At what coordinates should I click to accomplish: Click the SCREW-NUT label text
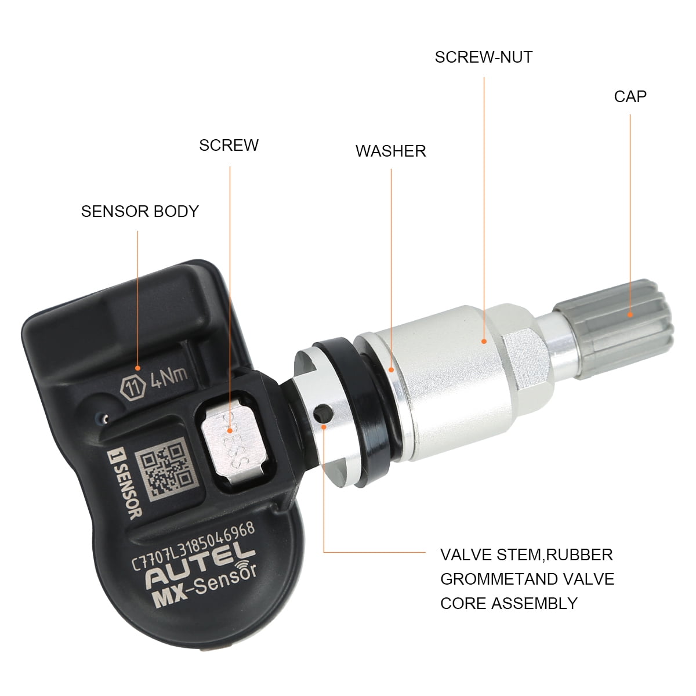484,57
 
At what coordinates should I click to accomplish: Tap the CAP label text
630,96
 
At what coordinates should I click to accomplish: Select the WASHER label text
391,151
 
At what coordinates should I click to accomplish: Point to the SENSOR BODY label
140,211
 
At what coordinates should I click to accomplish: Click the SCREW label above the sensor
229,145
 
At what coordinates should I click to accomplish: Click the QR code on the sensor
166,468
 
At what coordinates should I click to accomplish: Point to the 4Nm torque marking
169,377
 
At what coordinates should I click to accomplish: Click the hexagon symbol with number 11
133,387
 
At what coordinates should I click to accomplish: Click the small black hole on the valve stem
322,414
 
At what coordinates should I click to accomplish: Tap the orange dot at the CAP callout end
630,314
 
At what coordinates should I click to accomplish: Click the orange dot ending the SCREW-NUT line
484,341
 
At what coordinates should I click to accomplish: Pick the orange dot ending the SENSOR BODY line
137,368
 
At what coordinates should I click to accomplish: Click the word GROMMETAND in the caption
499,579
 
